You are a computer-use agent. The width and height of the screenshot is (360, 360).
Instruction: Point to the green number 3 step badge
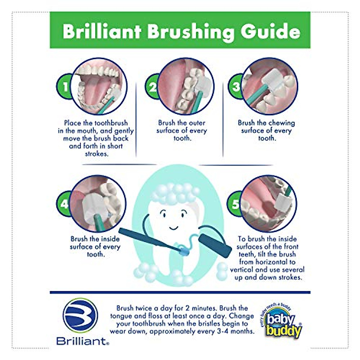pos(236,86)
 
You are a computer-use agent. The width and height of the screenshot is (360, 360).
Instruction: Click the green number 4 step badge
pos(64,204)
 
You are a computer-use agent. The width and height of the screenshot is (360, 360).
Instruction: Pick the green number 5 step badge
pos(235,204)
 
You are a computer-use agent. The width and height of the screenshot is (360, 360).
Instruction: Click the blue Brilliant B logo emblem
pos(80,316)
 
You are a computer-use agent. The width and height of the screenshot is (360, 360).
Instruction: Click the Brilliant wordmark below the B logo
pos(82,341)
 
